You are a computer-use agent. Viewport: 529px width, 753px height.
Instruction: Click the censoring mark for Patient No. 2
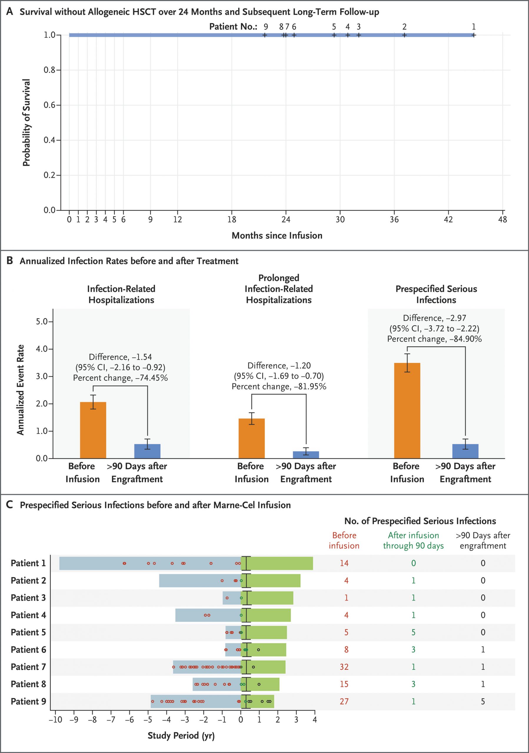[404, 35]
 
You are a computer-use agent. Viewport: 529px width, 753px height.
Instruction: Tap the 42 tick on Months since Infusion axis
[448, 219]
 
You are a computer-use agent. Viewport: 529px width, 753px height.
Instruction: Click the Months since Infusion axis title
[277, 236]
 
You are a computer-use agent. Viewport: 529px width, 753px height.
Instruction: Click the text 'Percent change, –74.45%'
[120, 378]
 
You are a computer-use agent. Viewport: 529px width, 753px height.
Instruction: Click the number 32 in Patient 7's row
[344, 667]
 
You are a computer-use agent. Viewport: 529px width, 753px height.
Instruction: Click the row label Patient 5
[28, 632]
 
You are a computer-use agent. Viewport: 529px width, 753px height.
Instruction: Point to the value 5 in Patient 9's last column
[483, 701]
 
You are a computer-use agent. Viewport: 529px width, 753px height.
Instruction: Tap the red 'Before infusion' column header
[344, 540]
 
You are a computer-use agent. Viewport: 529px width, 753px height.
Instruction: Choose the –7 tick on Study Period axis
[111, 719]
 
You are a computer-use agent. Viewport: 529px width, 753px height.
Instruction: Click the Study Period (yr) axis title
[181, 735]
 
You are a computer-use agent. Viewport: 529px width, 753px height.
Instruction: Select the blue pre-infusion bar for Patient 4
[208, 615]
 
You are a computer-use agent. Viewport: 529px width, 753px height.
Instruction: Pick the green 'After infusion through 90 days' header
[413, 540]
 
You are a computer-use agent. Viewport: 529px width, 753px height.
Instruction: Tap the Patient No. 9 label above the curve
[266, 27]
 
